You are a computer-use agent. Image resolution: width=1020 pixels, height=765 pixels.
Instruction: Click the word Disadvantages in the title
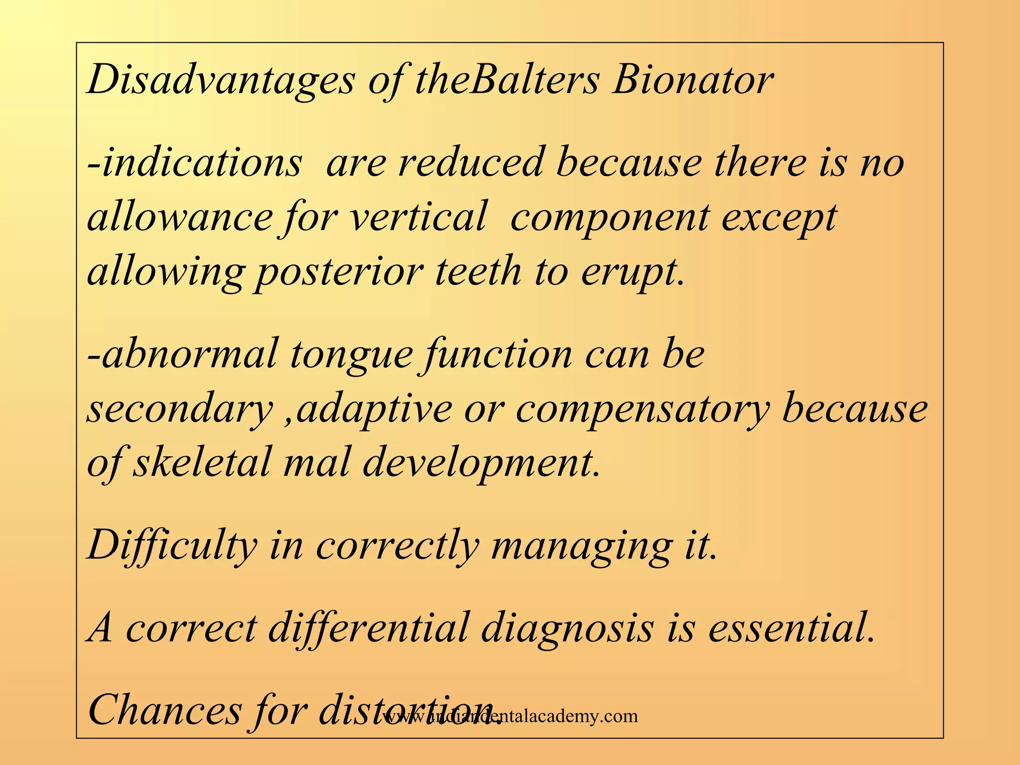tap(221, 81)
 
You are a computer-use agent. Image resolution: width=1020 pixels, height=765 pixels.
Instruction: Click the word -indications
tap(195, 163)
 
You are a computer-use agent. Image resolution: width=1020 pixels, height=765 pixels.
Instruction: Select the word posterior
tap(339, 273)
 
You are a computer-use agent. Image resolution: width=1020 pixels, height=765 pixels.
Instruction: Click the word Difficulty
tap(172, 546)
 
